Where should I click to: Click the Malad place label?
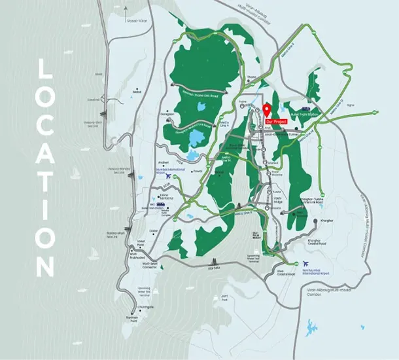coord(137,92)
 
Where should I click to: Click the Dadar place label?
coord(155,230)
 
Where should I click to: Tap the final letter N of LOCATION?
coord(44,267)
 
